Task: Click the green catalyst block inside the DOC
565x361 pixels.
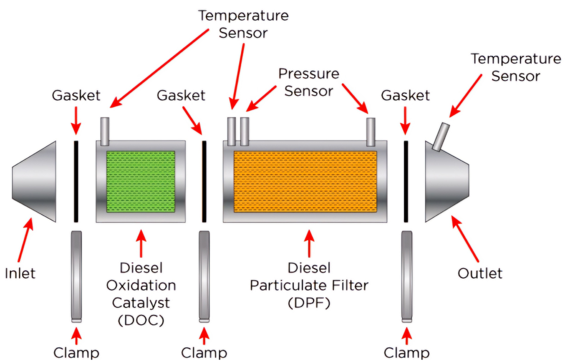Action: [x=141, y=181]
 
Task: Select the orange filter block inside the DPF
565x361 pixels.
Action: [x=305, y=181]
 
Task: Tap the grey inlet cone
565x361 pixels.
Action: [x=35, y=181]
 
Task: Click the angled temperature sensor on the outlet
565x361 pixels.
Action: [x=441, y=137]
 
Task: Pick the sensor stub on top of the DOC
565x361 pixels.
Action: [x=105, y=131]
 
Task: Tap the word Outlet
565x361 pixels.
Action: [x=480, y=273]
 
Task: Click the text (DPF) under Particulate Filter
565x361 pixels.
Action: [x=310, y=302]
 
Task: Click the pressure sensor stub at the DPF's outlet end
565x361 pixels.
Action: [x=371, y=131]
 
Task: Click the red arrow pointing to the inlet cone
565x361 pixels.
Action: [x=25, y=240]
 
